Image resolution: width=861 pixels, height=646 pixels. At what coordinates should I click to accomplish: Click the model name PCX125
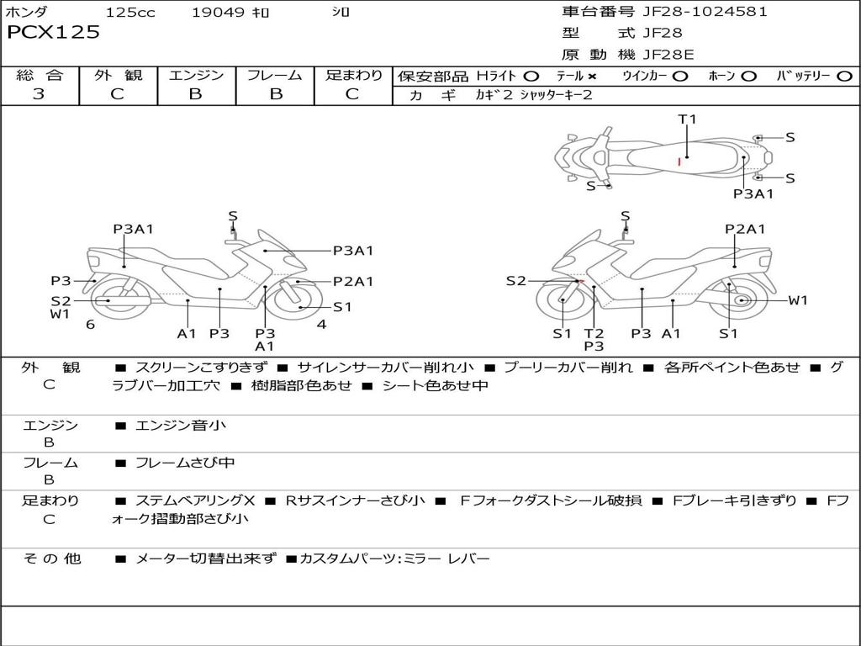[53, 33]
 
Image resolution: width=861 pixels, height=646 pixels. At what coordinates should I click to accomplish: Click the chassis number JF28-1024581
[705, 12]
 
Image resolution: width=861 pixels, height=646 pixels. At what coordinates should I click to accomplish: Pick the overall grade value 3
[39, 94]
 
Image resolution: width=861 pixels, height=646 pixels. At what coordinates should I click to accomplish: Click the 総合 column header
[39, 76]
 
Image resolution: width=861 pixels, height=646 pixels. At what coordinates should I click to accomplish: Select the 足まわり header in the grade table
[353, 76]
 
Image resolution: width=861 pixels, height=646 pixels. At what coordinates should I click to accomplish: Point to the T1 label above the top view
[687, 119]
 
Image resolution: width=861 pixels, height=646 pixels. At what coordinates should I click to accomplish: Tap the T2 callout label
[594, 333]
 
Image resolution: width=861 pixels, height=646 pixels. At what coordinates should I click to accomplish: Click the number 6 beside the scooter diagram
[90, 324]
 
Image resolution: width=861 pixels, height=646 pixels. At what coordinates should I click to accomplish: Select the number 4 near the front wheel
[321, 324]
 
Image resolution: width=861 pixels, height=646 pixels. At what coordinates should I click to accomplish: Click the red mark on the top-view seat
[679, 160]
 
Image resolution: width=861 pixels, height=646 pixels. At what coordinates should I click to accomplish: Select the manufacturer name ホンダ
[27, 13]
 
